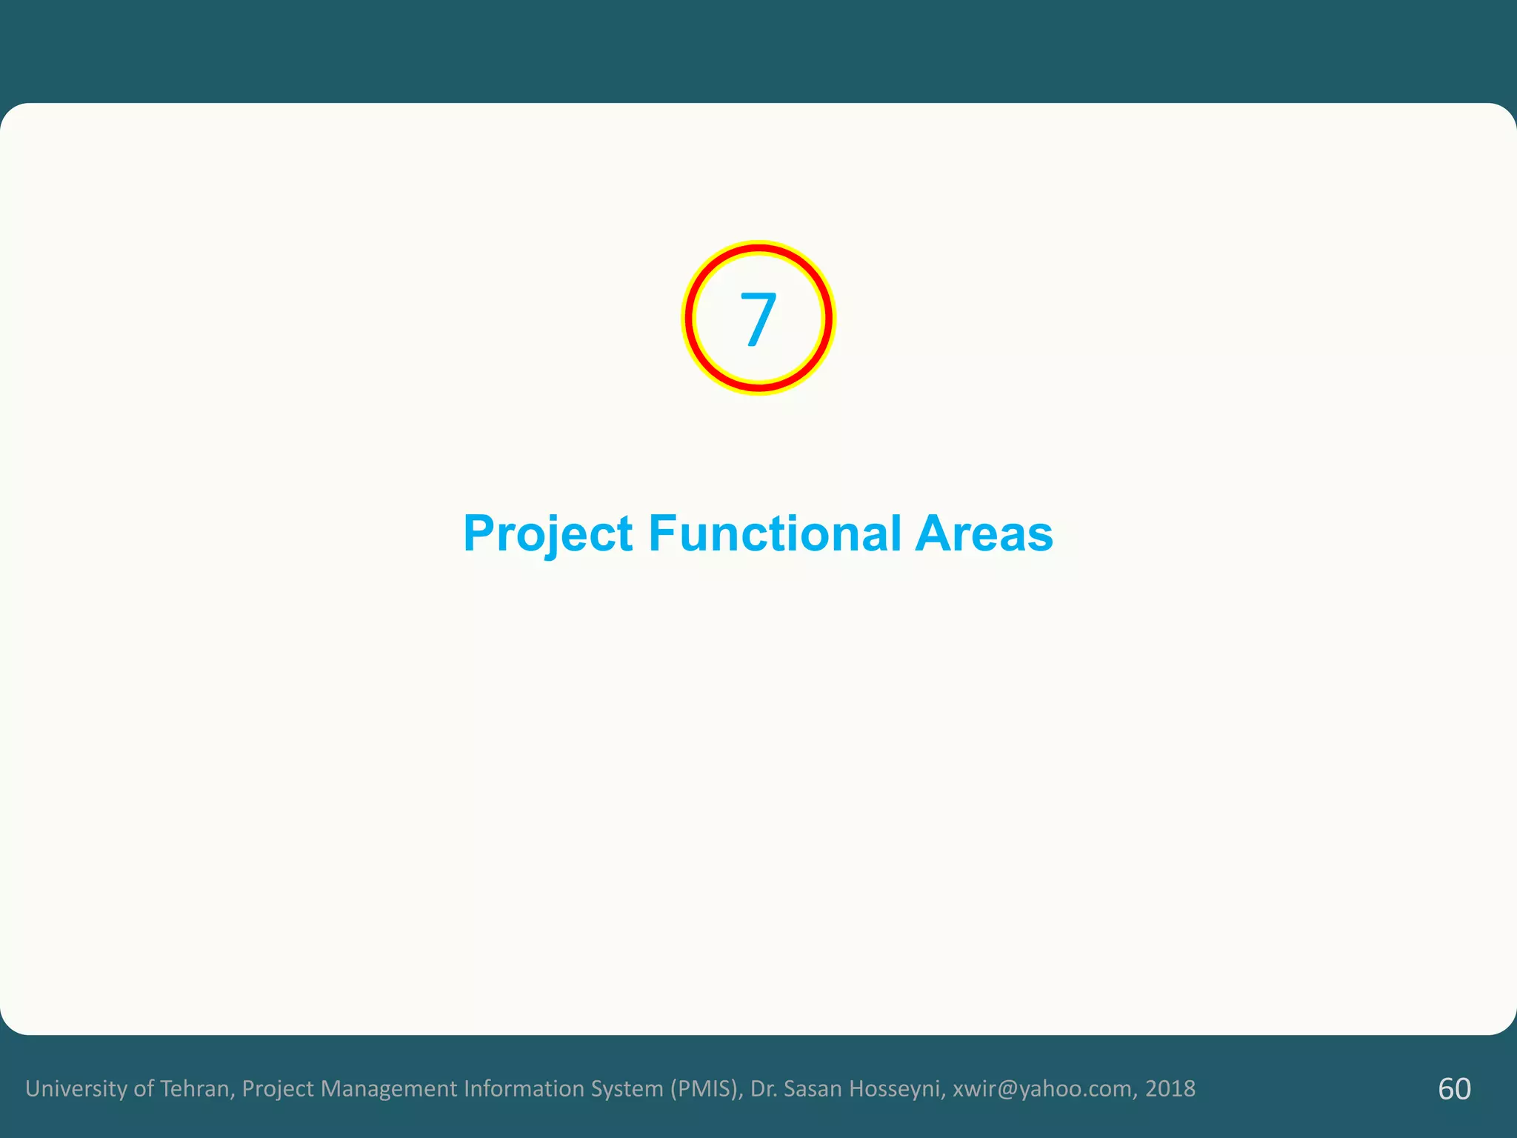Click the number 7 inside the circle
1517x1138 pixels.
point(758,319)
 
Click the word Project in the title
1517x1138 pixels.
point(547,533)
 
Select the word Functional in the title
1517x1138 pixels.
point(775,533)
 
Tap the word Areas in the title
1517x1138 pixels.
point(984,533)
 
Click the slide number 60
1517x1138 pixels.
point(1454,1088)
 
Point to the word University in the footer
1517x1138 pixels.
point(76,1088)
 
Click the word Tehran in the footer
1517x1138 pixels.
point(197,1088)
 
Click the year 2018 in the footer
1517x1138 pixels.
point(1170,1088)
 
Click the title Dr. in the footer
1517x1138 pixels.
point(764,1088)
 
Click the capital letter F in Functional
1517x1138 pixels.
point(661,533)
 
